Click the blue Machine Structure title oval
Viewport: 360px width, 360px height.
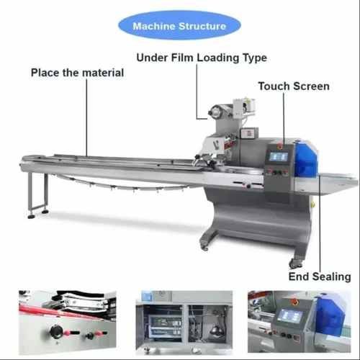pyautogui.click(x=179, y=25)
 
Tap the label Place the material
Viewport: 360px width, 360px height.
pyautogui.click(x=77, y=73)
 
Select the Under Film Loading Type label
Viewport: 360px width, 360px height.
pyautogui.click(x=202, y=58)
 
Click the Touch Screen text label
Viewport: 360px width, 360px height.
pyautogui.click(x=294, y=86)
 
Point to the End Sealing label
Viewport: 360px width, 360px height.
pyautogui.click(x=320, y=276)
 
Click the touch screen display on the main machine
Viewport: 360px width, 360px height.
pyautogui.click(x=279, y=157)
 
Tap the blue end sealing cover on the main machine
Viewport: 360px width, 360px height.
pyautogui.click(x=306, y=159)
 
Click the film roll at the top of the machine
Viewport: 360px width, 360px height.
pyautogui.click(x=215, y=112)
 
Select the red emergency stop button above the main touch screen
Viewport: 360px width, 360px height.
pyautogui.click(x=280, y=145)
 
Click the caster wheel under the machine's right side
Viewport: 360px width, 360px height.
pyautogui.click(x=296, y=264)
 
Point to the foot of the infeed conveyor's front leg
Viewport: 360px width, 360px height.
pyautogui.click(x=31, y=217)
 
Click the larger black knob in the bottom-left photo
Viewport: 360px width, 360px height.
pyautogui.click(x=56, y=331)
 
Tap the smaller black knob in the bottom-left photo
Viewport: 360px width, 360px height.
pyautogui.click(x=90, y=336)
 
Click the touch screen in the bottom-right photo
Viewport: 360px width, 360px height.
pyautogui.click(x=289, y=315)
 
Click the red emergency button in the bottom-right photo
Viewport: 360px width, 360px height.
pyautogui.click(x=294, y=302)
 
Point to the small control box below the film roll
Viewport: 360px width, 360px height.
pyautogui.click(x=250, y=132)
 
